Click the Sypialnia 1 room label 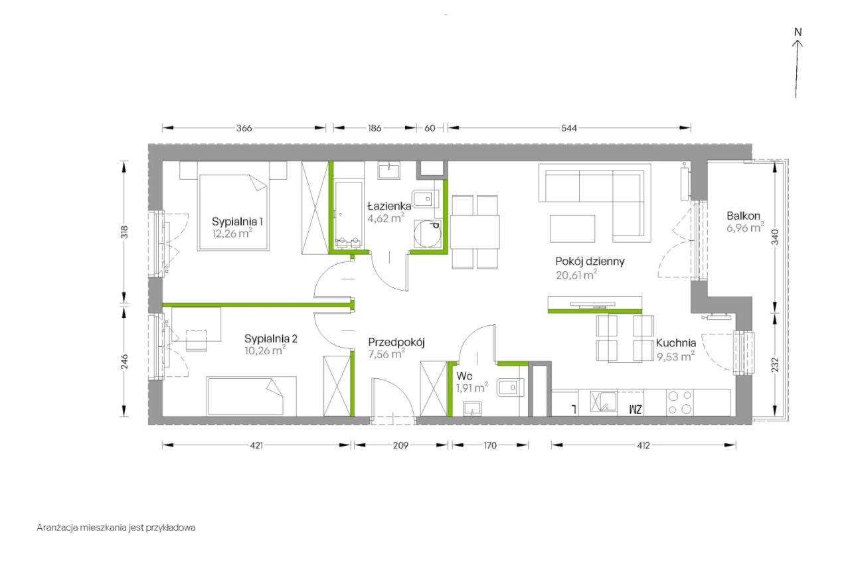pos(237,221)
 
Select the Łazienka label pos(389,206)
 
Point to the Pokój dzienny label pos(590,261)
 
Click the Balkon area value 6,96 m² pos(745,228)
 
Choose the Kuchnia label pos(676,343)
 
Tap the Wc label pos(464,376)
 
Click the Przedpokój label pos(396,342)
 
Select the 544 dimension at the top pos(569,128)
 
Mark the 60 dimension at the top pos(430,128)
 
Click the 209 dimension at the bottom pos(400,445)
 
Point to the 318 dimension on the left pos(124,232)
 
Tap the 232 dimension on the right pos(775,364)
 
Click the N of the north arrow pos(798,33)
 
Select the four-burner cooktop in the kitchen pos(679,403)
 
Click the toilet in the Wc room pos(510,388)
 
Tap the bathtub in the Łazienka pos(348,214)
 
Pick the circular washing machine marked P pos(428,234)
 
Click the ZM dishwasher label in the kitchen pos(636,409)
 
